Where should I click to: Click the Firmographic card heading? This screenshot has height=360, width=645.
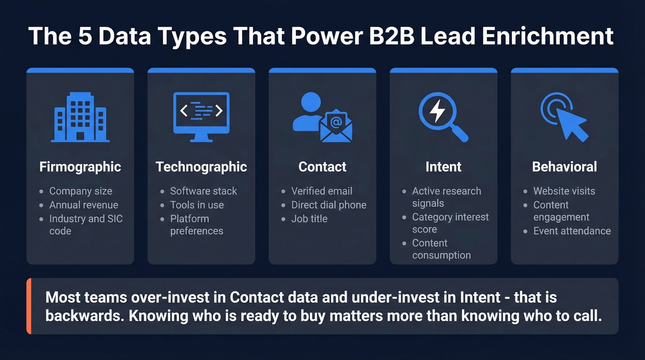[80, 167]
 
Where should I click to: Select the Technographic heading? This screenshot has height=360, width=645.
[201, 167]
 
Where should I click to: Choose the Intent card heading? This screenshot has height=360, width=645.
[443, 167]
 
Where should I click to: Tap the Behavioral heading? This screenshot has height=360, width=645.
[564, 167]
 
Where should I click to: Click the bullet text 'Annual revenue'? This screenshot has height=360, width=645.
[84, 205]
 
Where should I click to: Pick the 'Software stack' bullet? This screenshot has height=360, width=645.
[204, 191]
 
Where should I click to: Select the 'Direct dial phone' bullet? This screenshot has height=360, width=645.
[329, 205]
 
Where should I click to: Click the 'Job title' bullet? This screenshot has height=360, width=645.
[309, 219]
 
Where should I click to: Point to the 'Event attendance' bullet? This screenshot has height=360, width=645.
[572, 231]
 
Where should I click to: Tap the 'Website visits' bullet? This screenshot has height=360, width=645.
[564, 191]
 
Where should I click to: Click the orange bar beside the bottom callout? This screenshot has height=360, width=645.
[29, 306]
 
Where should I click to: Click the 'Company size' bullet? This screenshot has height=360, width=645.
[81, 191]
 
